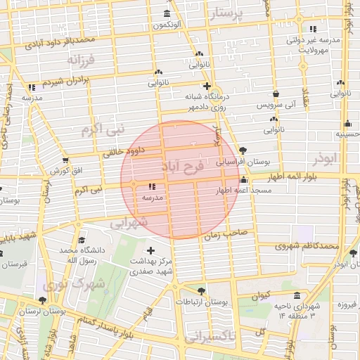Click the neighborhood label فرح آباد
point(181,167)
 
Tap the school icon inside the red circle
point(152,187)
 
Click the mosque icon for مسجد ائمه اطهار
point(243,181)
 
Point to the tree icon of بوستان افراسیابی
point(243,150)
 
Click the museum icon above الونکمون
point(167,14)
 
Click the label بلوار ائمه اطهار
point(315,177)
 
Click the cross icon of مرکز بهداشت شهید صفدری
point(150,250)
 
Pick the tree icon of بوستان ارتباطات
point(202,290)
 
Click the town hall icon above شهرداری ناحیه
point(297,295)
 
